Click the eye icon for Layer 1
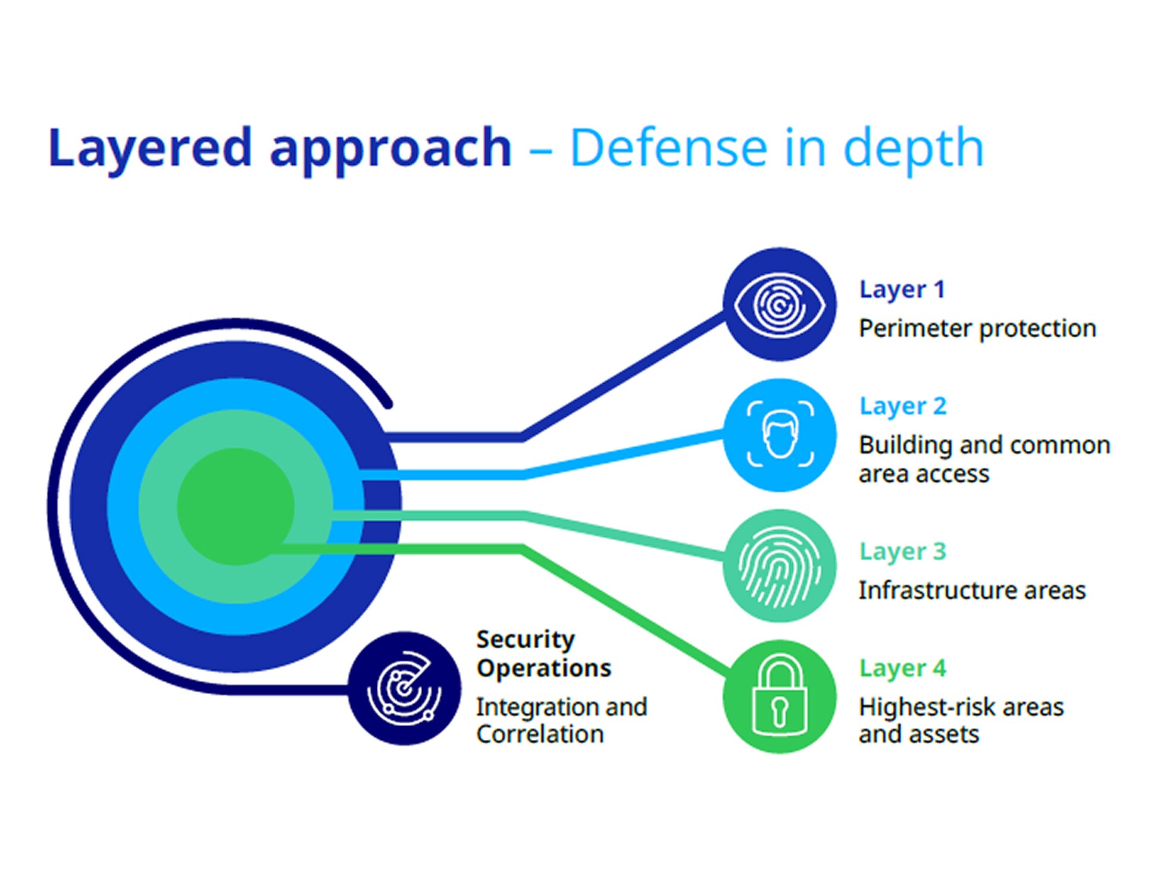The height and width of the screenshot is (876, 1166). point(779,304)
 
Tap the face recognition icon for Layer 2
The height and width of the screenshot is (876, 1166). point(780,435)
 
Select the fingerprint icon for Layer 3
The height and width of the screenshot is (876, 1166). point(779,566)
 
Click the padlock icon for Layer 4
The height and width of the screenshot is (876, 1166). point(779,696)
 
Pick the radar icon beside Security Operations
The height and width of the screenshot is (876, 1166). point(405,688)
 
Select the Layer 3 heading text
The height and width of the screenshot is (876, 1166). point(902,552)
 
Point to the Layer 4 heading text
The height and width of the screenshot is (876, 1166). point(902,668)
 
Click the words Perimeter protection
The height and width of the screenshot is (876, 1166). point(977,329)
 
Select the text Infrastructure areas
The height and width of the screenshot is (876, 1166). point(971,591)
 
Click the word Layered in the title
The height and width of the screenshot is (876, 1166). point(150,149)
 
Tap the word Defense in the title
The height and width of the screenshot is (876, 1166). point(668,149)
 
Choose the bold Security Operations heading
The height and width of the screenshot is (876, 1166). point(543,654)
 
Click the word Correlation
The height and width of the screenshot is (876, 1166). point(540,734)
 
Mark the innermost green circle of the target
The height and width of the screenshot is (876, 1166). point(236,506)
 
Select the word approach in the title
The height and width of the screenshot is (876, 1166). point(390,149)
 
